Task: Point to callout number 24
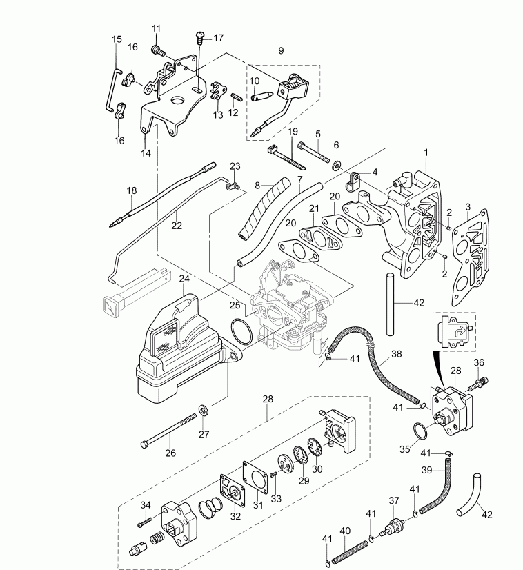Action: [184, 279]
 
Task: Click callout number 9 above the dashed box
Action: [281, 51]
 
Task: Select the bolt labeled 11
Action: [159, 49]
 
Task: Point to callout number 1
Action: [426, 152]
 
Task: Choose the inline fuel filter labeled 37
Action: [395, 525]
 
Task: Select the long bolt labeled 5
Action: [314, 153]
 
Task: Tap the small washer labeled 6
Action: [336, 165]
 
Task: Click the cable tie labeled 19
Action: [284, 157]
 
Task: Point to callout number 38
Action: [395, 353]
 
